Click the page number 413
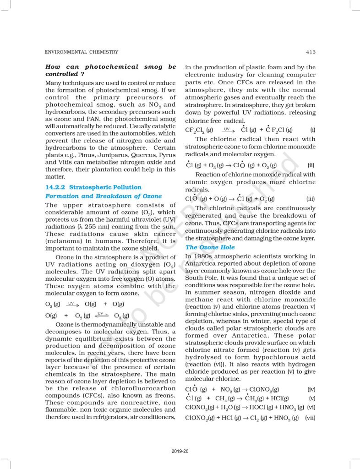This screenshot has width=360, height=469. click(310, 52)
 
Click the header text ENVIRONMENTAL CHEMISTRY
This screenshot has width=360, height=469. click(82, 52)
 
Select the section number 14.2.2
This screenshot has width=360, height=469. click(55, 187)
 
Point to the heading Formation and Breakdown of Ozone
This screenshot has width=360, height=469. click(104, 196)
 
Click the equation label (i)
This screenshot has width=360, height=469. click(312, 130)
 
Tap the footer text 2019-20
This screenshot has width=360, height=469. click(180, 452)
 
